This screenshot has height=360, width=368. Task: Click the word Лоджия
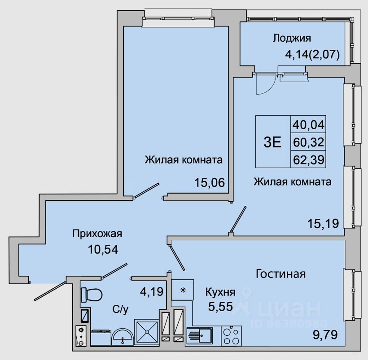(291, 38)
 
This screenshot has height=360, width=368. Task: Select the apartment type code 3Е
(272, 142)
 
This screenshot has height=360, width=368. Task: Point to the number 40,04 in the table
(308, 124)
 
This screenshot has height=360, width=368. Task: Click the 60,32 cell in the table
(308, 142)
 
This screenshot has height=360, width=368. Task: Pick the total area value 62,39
(308, 159)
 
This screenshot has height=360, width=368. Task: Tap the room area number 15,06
(209, 182)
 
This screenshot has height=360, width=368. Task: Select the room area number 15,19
(322, 222)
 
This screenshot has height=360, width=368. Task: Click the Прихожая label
(97, 233)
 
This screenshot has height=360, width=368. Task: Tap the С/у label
(118, 309)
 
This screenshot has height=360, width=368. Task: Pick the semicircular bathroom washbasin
(122, 335)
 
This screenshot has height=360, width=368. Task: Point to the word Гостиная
(280, 273)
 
